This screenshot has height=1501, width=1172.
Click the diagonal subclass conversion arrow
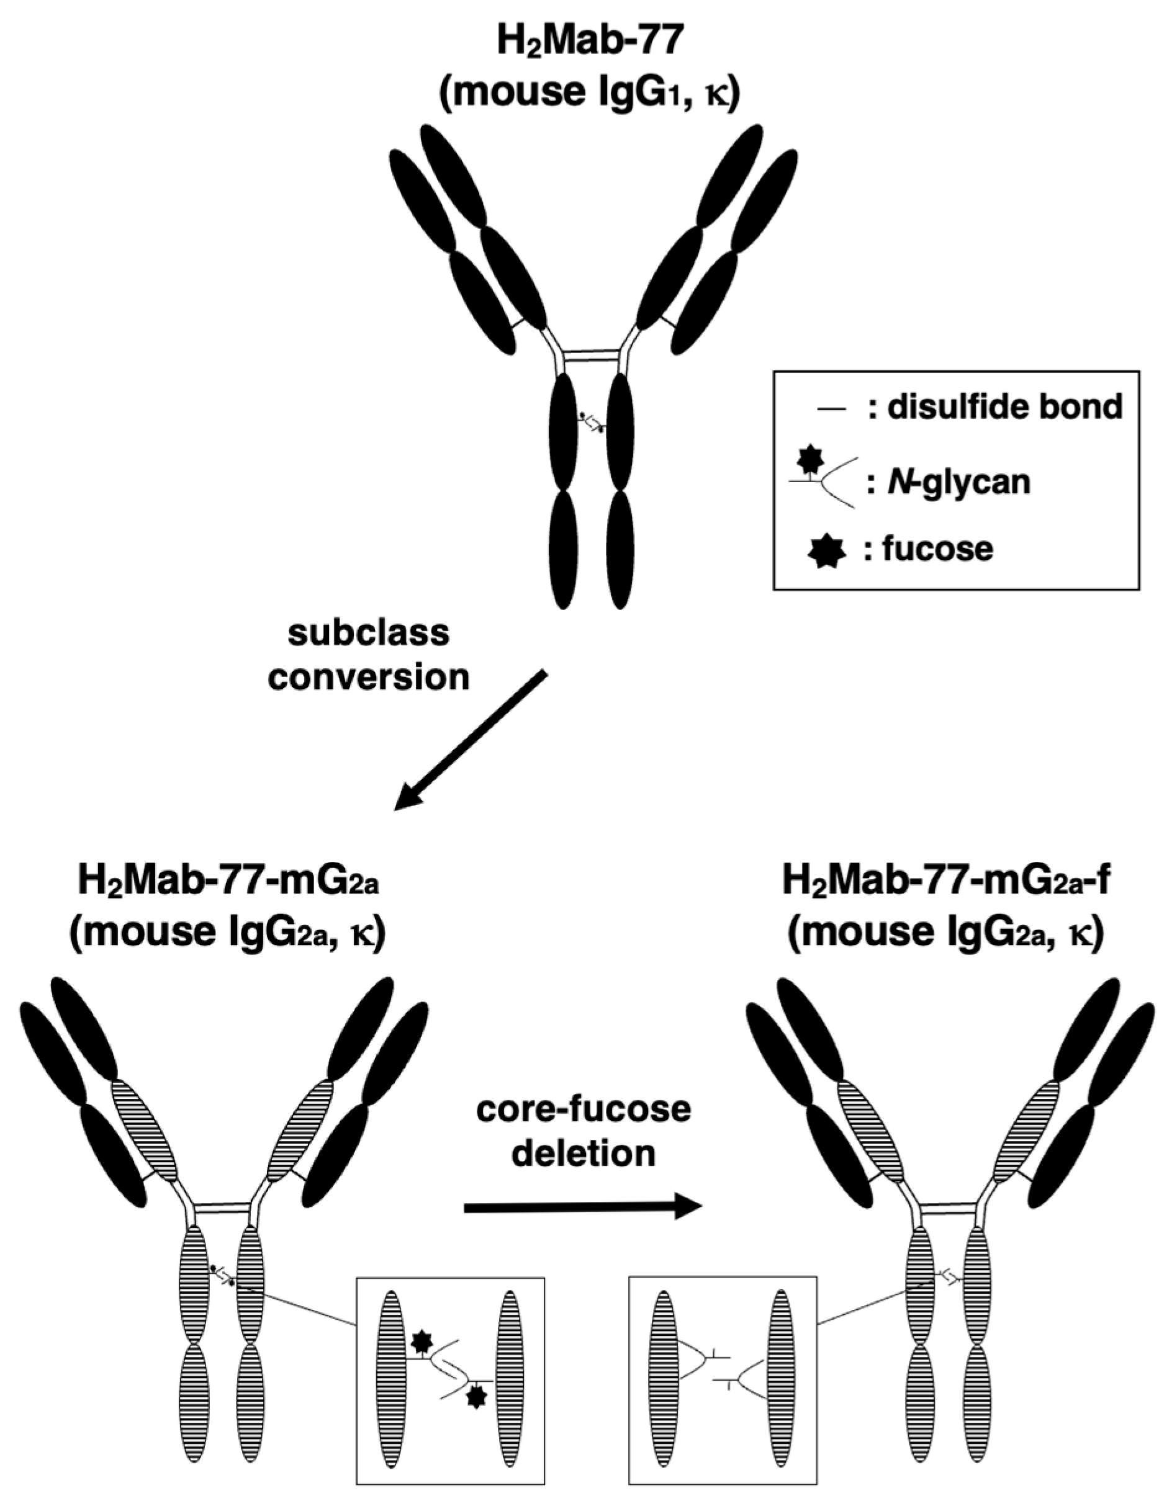coord(471,740)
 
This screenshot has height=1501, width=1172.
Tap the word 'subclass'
coord(369,632)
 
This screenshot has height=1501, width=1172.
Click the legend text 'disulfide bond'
coord(1004,407)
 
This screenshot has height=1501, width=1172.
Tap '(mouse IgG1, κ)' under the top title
coord(589,94)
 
